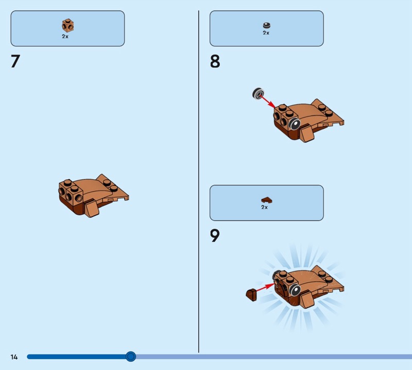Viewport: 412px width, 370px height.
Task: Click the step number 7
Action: (15, 61)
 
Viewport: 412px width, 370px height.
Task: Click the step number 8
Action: (215, 61)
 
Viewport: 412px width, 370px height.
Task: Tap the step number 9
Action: (215, 236)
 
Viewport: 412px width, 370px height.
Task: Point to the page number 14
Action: (14, 357)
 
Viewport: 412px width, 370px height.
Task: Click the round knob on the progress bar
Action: (131, 357)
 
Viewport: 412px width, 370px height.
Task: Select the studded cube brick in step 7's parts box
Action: (68, 26)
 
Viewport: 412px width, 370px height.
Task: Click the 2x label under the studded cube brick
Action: (65, 37)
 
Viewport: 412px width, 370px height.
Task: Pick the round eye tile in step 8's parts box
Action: (267, 25)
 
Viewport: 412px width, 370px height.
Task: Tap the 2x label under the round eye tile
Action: (266, 33)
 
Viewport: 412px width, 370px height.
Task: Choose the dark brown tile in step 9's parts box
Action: (267, 200)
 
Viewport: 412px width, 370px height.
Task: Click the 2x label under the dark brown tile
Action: (264, 207)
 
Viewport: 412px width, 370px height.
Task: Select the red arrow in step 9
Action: (265, 287)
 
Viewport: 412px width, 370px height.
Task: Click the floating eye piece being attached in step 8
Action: (259, 94)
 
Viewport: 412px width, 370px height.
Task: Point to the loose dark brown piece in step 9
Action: (251, 295)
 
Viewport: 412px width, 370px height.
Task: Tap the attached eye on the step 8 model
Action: (295, 124)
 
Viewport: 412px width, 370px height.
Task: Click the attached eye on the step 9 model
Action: (295, 290)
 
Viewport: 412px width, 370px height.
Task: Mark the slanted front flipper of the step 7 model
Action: (92, 208)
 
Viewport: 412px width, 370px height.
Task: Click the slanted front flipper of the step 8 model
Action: (306, 133)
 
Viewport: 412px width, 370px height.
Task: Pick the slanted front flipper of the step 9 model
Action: (306, 300)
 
